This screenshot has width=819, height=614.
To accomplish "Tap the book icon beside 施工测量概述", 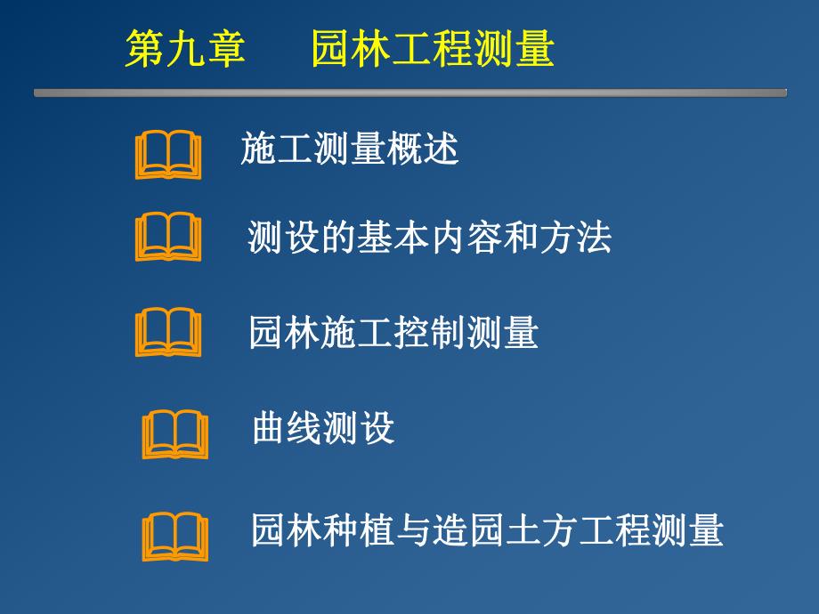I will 168,155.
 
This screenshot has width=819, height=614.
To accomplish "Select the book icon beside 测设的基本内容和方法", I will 168,237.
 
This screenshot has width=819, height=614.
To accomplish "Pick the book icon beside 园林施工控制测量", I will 168,333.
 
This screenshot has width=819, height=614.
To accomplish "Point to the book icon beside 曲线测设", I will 175,434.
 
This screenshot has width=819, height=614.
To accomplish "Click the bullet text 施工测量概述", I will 349,149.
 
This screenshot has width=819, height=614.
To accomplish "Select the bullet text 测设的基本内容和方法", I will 429,238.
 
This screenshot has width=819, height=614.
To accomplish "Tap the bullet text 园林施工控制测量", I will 393,333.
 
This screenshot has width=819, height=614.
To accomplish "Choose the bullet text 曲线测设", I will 323,429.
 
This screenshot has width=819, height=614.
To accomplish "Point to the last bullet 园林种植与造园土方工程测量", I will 487,530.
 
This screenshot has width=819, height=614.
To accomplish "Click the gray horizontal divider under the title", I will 409,93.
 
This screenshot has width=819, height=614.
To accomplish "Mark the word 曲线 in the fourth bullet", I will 288,429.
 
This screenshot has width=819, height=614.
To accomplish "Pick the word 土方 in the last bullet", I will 595,530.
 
